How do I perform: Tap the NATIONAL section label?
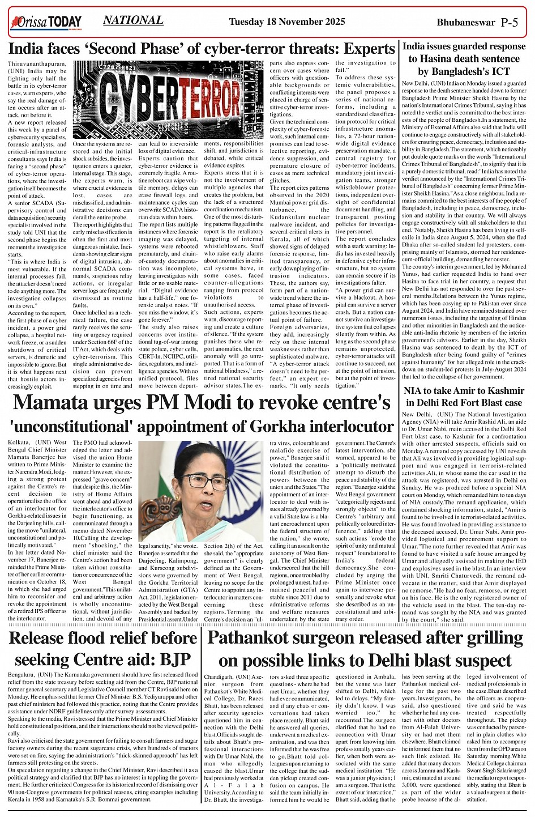133,20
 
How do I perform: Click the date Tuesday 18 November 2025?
287,23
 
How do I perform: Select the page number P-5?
509,23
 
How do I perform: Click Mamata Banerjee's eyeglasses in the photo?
203,481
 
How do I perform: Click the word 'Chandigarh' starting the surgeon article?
220,677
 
